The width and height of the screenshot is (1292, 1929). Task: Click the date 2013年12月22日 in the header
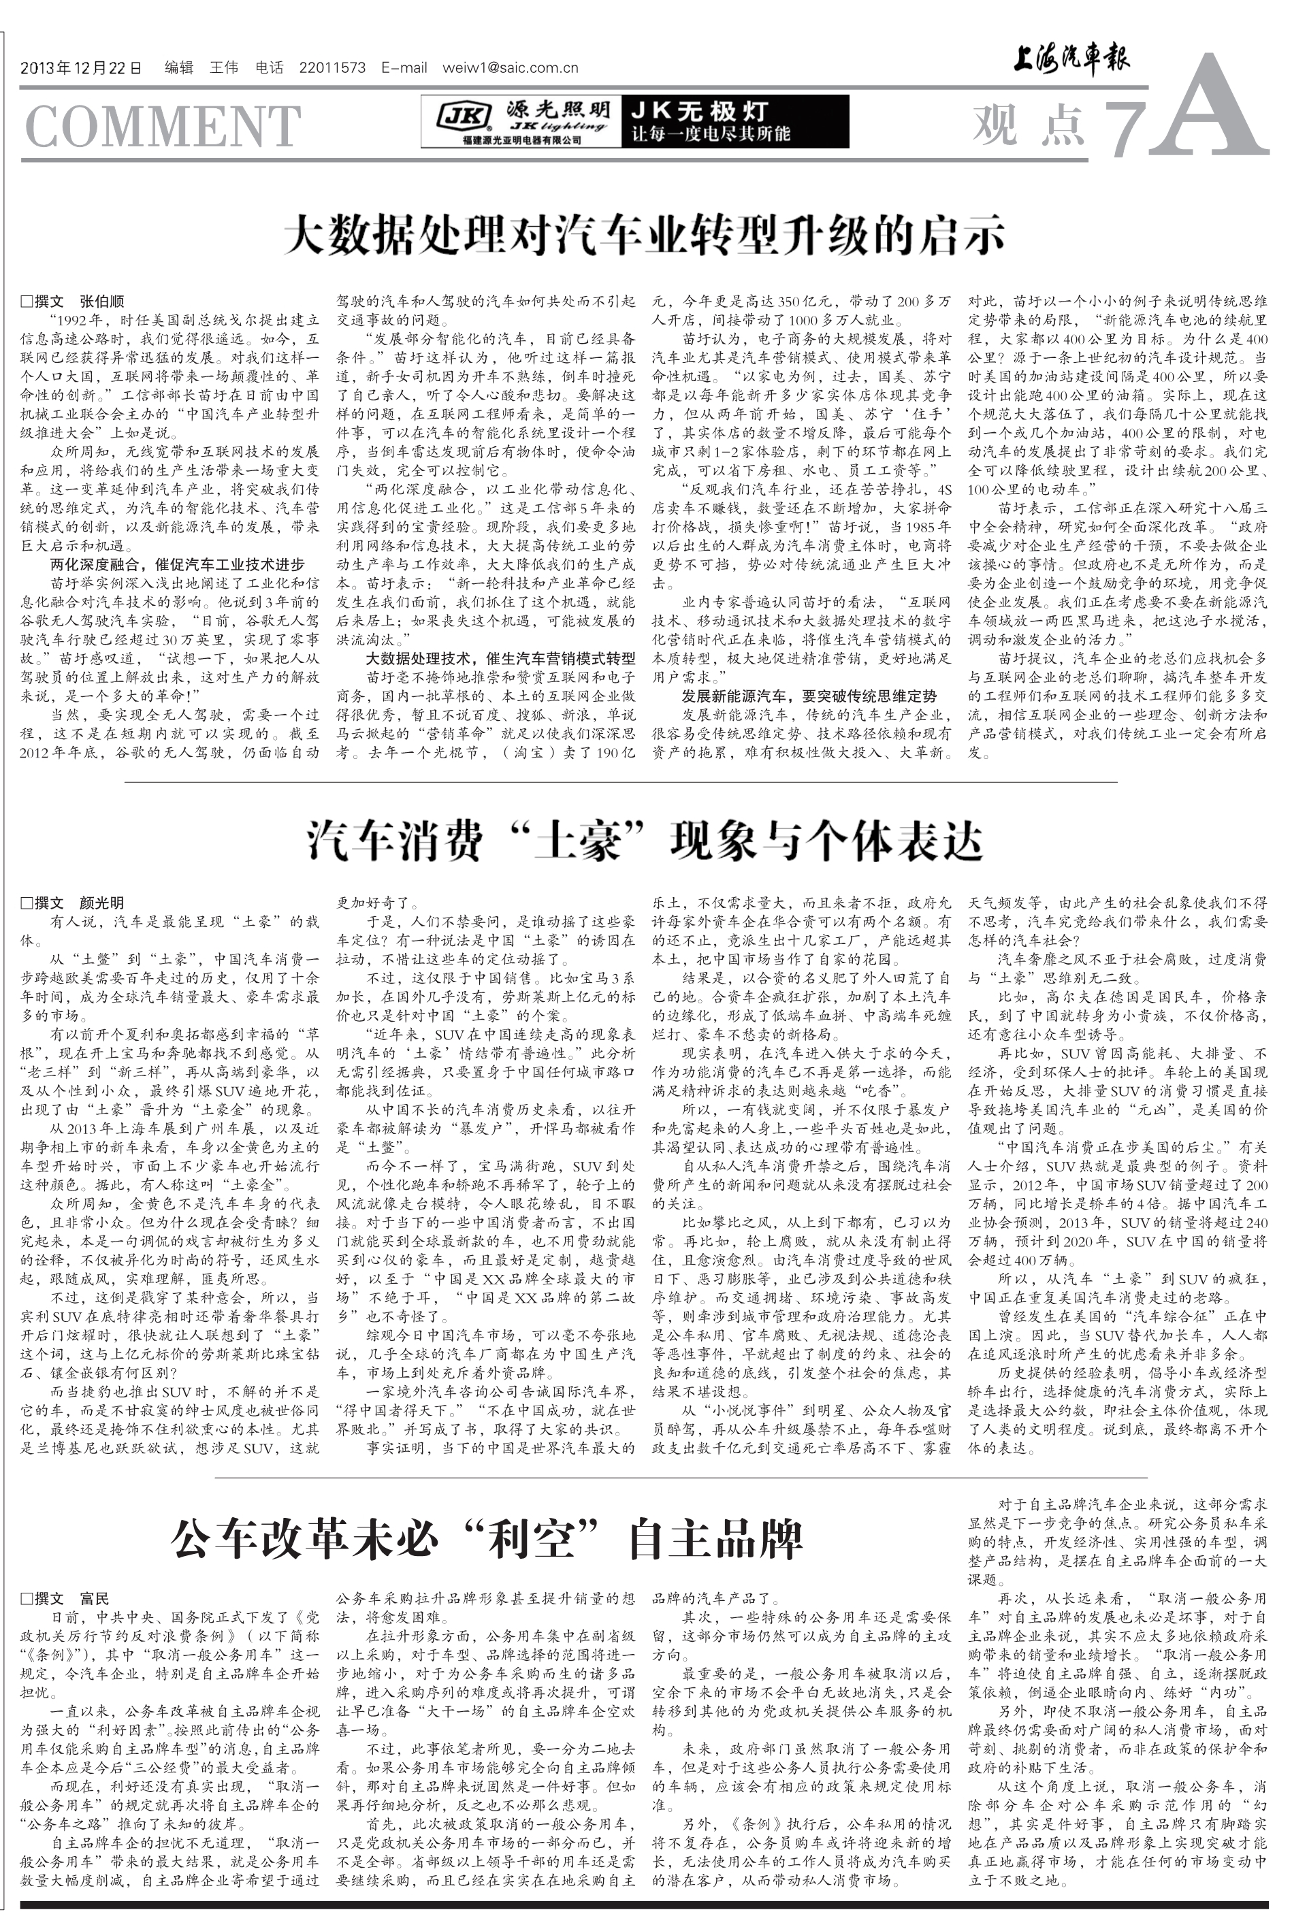pos(81,68)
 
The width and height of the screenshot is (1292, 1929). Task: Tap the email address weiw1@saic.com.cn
pos(510,68)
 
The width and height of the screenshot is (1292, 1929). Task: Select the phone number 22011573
pos(332,68)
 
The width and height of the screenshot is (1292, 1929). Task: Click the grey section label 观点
pos(1026,124)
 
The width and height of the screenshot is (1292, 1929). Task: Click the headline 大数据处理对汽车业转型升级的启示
pos(645,236)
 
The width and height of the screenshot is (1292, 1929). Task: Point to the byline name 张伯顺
pos(101,302)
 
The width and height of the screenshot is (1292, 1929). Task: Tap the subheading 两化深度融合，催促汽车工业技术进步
pos(177,564)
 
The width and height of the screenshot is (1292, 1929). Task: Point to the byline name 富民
pos(94,1599)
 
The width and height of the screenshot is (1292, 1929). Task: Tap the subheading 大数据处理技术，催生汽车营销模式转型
pos(500,658)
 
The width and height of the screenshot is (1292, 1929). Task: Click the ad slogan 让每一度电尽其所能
pos(710,134)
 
